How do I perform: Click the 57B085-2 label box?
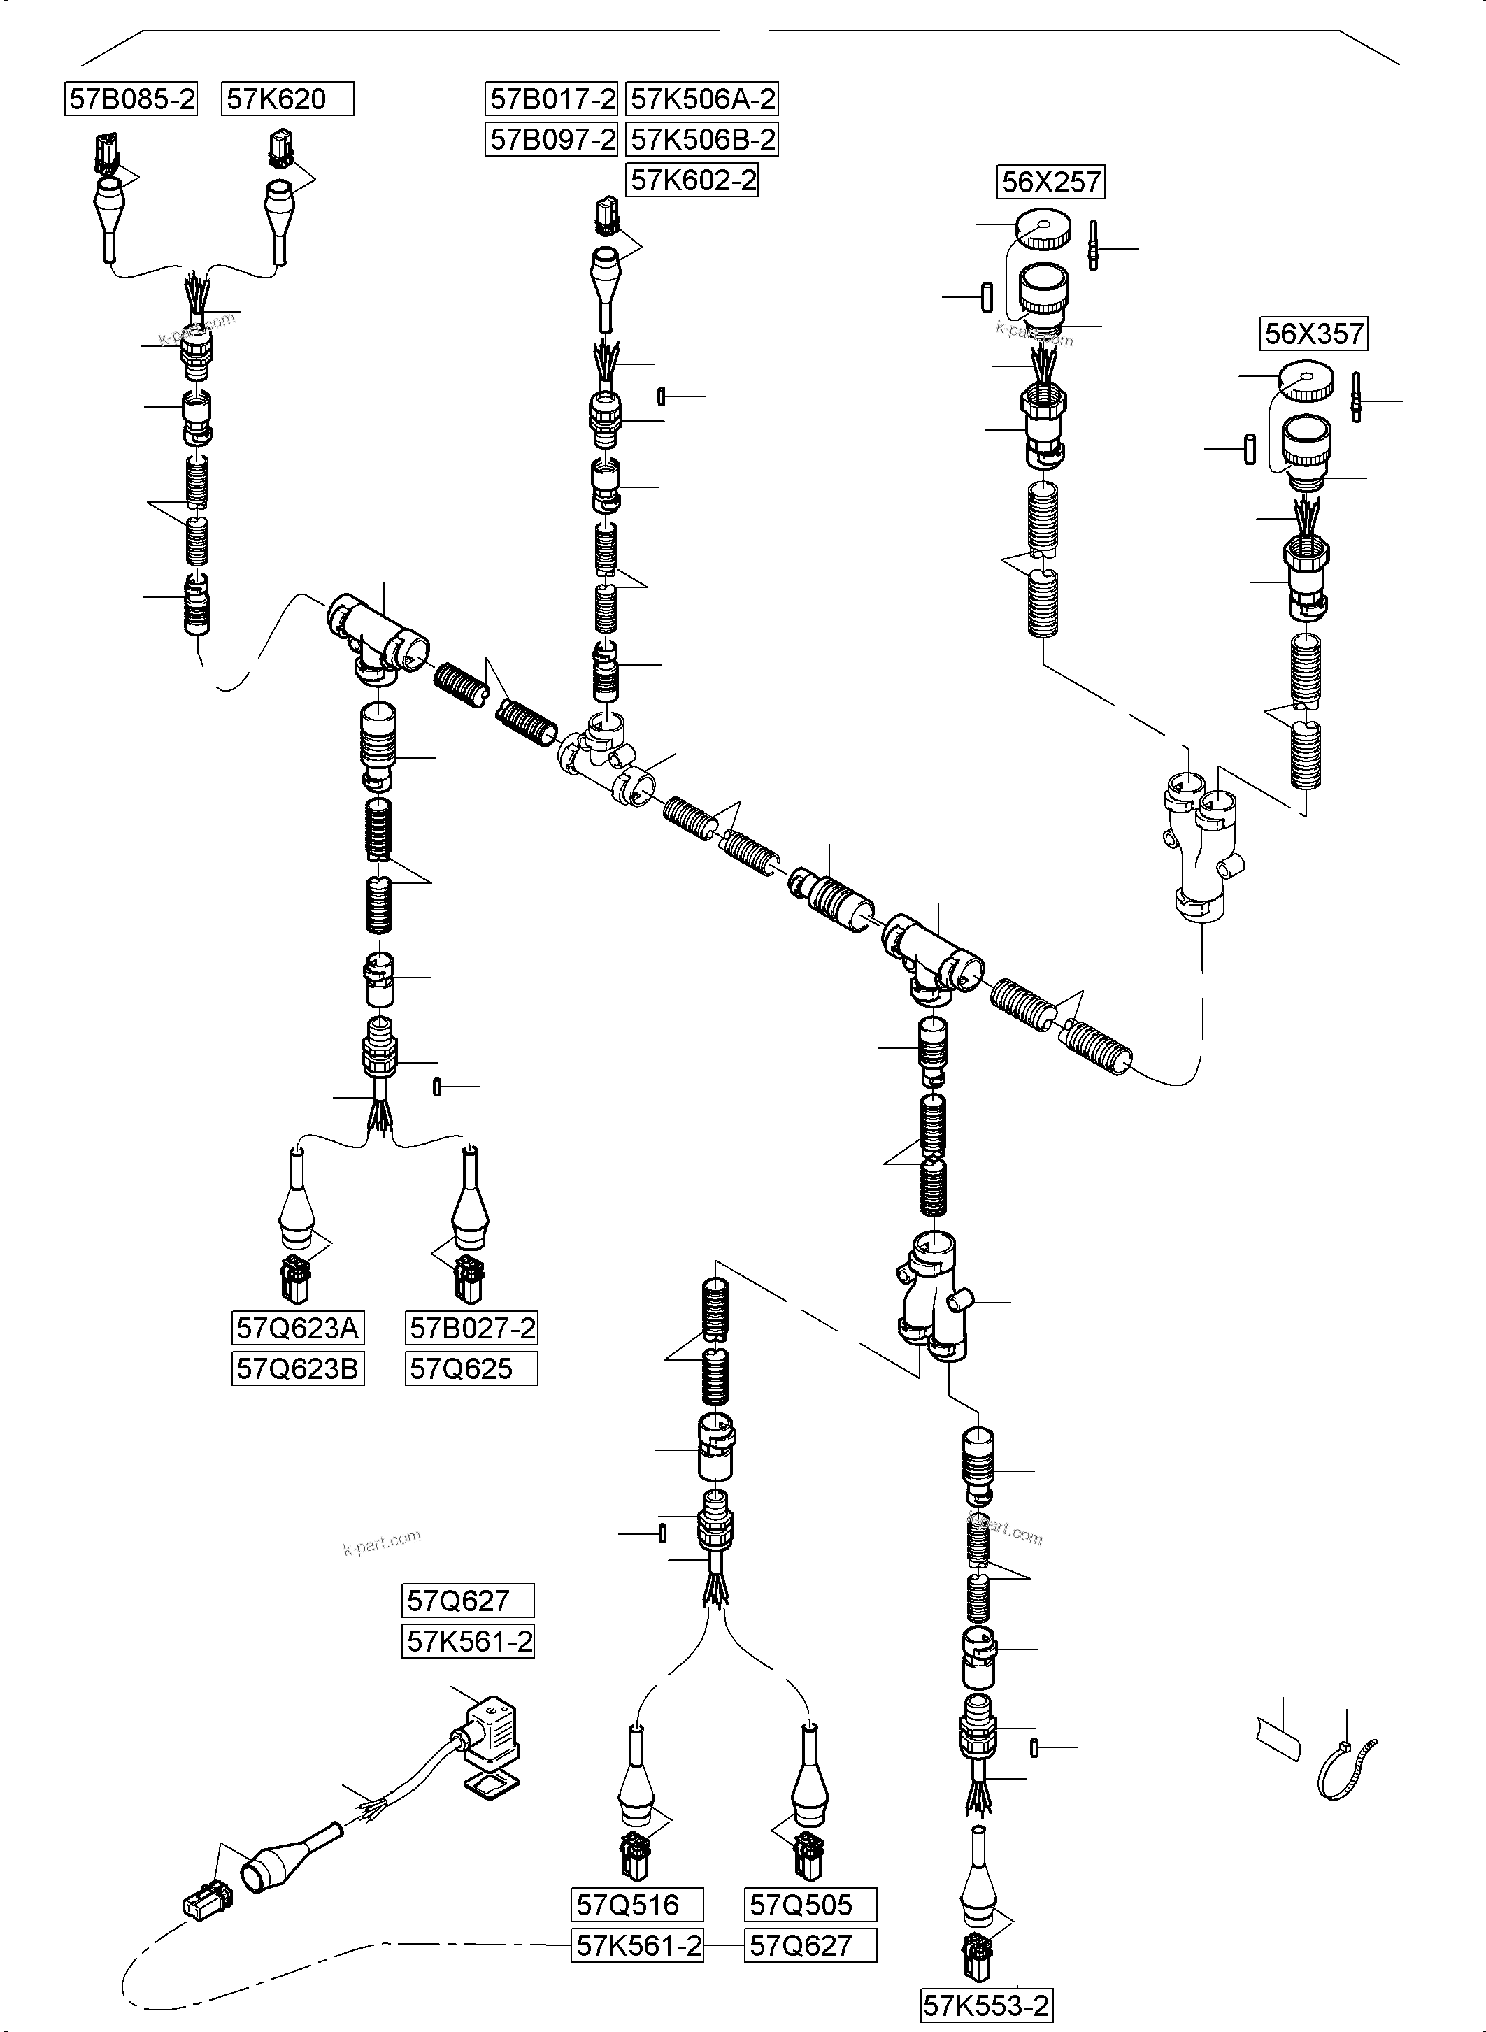pyautogui.click(x=131, y=99)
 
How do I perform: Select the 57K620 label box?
pyautogui.click(x=287, y=99)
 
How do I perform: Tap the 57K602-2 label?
pyautogui.click(x=692, y=181)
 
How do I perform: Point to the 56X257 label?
pyautogui.click(x=1050, y=183)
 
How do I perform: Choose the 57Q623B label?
pyautogui.click(x=298, y=1369)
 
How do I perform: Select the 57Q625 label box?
pyautogui.click(x=471, y=1369)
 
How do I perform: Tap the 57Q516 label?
pyautogui.click(x=637, y=1904)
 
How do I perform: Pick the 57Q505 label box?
pyautogui.click(x=810, y=1904)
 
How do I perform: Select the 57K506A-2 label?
pyautogui.click(x=701, y=99)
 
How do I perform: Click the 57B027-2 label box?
pyautogui.click(x=471, y=1328)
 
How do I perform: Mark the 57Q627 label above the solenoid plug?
pyautogui.click(x=467, y=1601)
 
